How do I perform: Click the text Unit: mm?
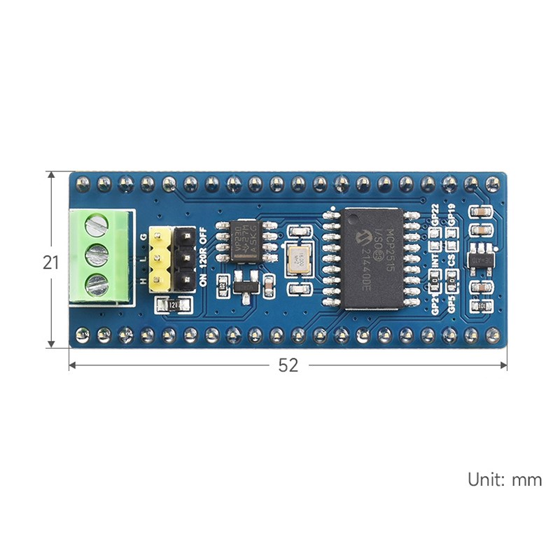505,479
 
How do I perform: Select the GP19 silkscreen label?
452,214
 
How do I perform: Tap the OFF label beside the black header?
203,235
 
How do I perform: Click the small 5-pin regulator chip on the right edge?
481,256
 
